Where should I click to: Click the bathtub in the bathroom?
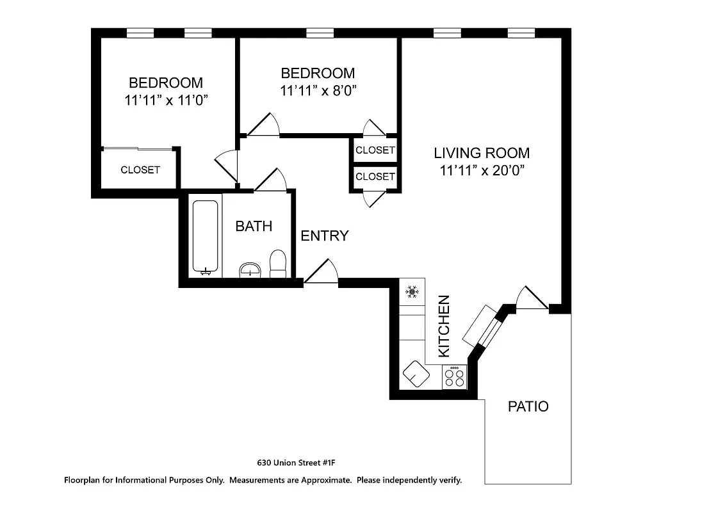(x=206, y=237)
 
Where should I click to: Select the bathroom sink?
(x=250, y=270)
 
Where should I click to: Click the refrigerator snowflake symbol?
(x=412, y=292)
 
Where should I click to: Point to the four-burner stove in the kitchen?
(x=454, y=376)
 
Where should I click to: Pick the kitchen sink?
(x=416, y=373)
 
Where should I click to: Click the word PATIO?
(x=528, y=406)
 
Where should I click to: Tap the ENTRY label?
(x=325, y=236)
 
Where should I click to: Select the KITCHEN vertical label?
(x=444, y=326)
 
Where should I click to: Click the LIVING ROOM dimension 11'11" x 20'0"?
(x=482, y=171)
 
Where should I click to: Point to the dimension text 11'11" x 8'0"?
(x=318, y=90)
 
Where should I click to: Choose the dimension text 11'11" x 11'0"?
(x=166, y=100)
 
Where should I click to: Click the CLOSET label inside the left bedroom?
(x=140, y=170)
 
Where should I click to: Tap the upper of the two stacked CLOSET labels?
(x=375, y=150)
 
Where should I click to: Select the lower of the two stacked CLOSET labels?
(x=375, y=176)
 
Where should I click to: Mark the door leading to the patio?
(x=532, y=299)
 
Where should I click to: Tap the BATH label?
(x=254, y=226)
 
